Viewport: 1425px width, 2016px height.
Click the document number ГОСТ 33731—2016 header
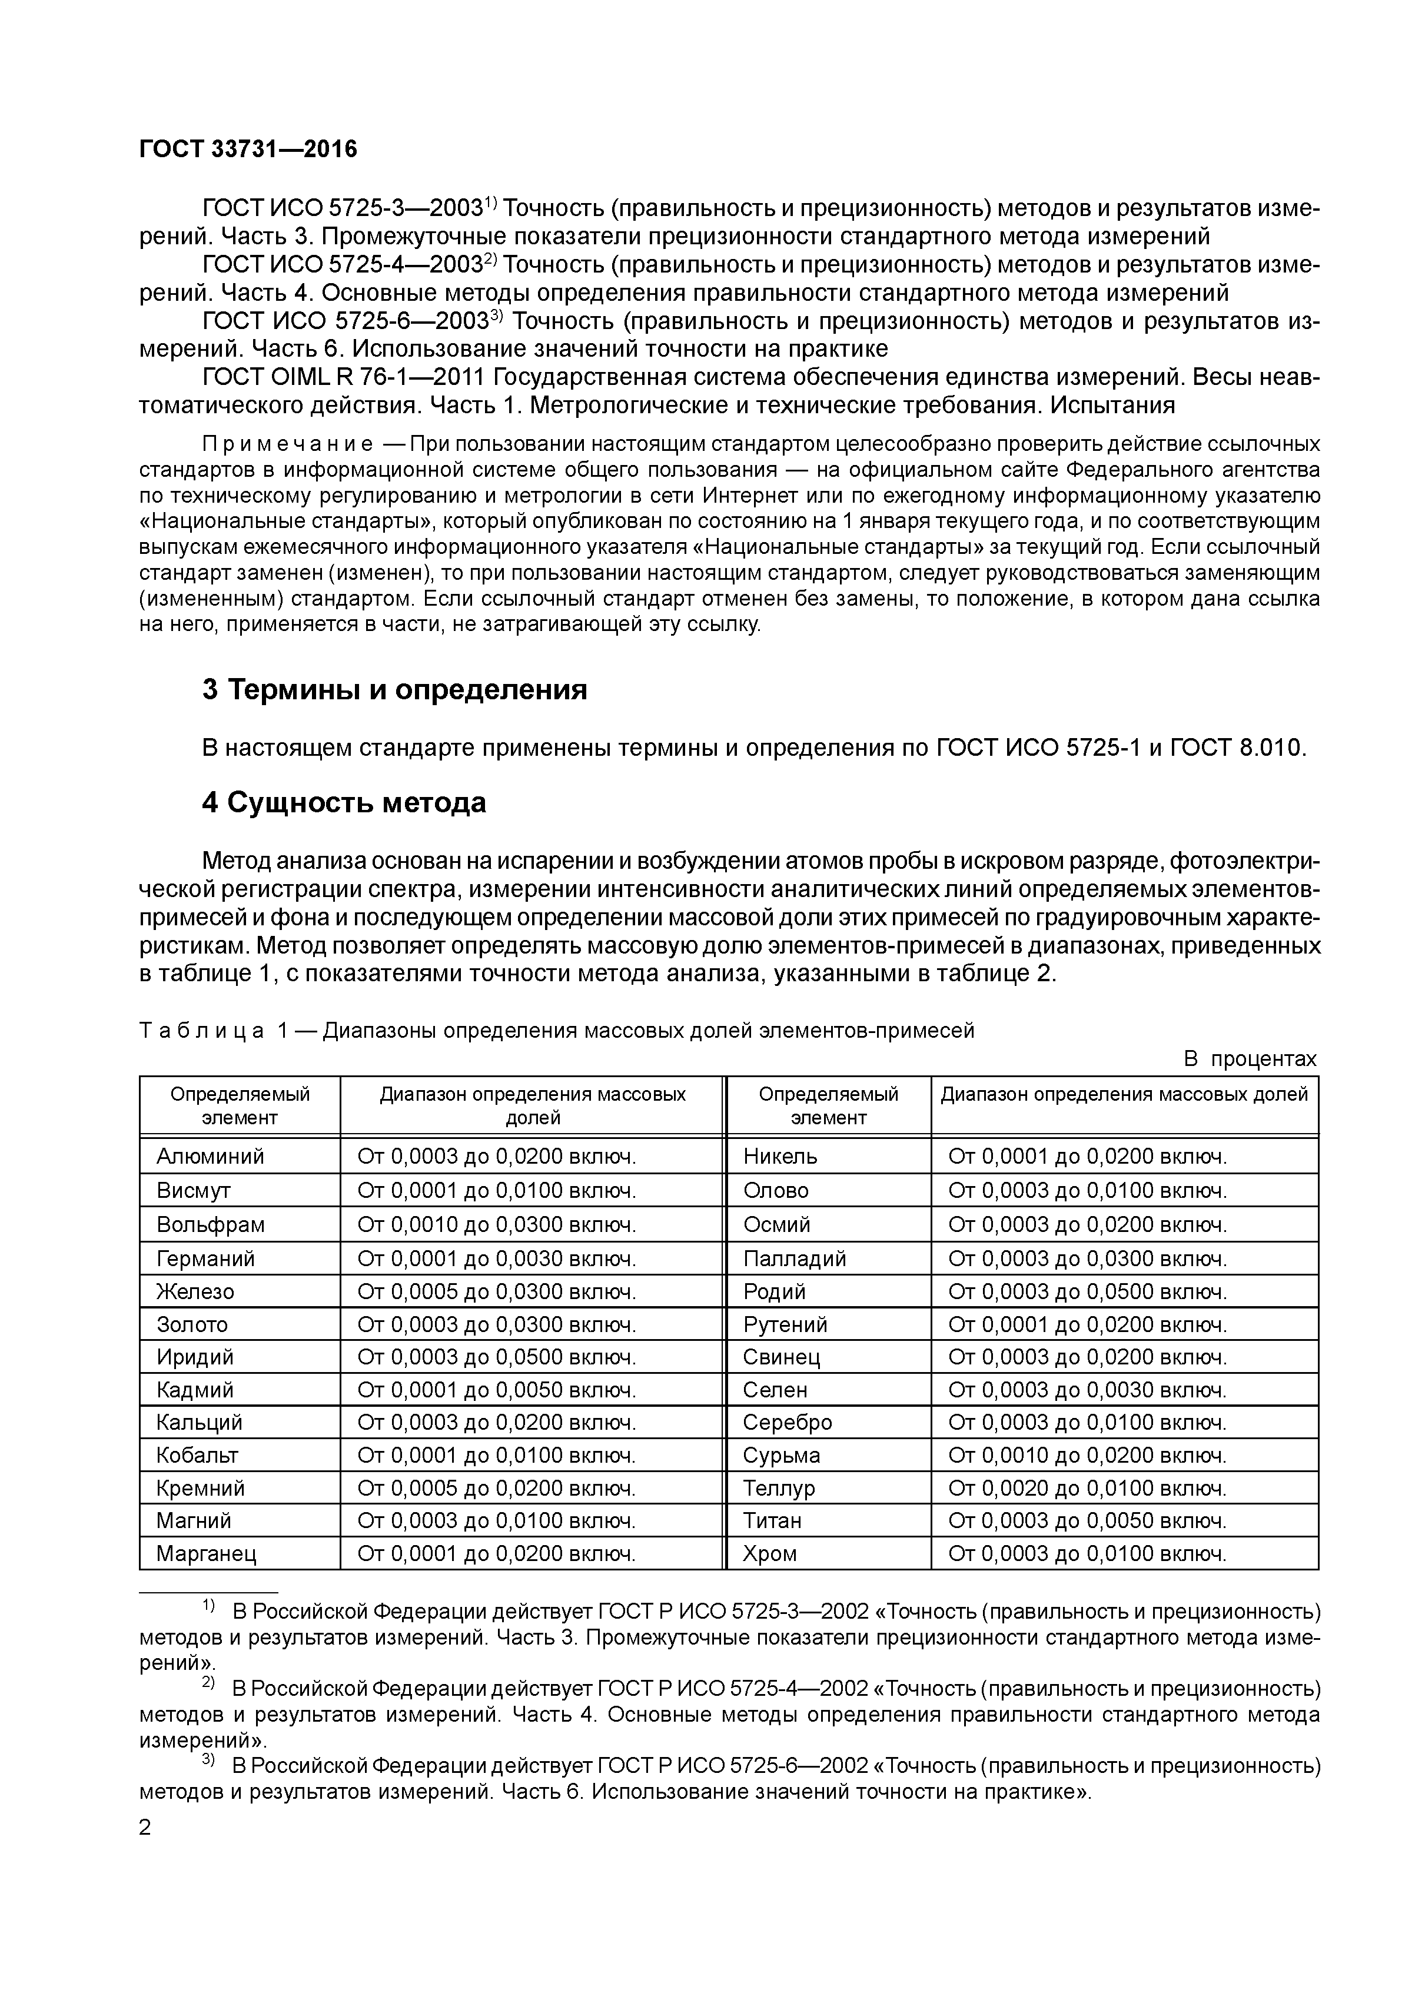[x=248, y=150]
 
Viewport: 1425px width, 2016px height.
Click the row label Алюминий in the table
[x=210, y=1157]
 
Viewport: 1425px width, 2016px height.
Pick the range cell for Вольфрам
[x=496, y=1224]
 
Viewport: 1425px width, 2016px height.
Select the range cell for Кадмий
[x=496, y=1390]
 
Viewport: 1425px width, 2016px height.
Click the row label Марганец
[x=207, y=1553]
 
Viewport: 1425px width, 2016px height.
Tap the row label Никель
[x=780, y=1157]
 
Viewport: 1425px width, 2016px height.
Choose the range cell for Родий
[x=1087, y=1291]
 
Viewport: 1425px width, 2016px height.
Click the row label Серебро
[x=787, y=1423]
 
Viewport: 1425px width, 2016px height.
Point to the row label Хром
[x=769, y=1553]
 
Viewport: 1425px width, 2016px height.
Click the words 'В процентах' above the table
[x=1250, y=1059]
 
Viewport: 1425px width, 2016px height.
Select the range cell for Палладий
[x=1087, y=1258]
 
